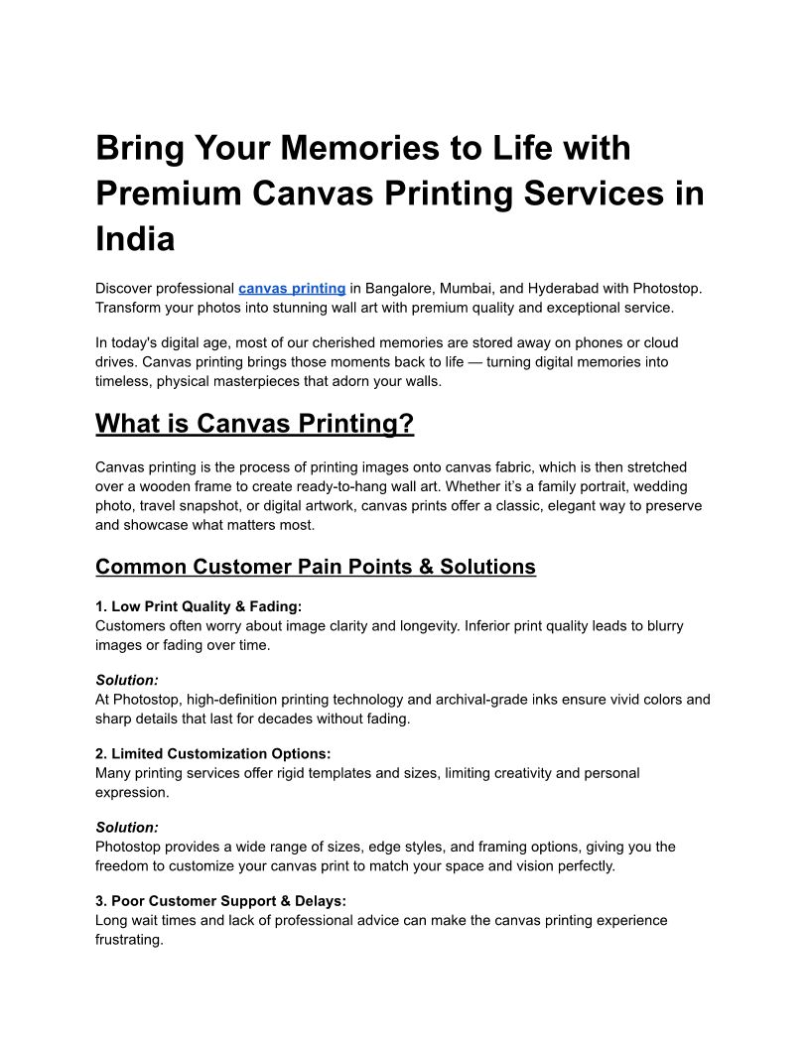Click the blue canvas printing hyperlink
click(292, 288)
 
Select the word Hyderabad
click(567, 288)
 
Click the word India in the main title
click(135, 238)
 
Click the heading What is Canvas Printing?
click(254, 424)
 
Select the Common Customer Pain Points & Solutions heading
click(316, 567)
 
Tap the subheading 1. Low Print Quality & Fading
click(199, 606)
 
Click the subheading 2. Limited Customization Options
click(213, 753)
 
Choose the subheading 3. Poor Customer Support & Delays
click(220, 900)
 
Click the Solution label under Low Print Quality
click(127, 680)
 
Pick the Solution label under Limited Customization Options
click(127, 827)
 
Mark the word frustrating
click(129, 939)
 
